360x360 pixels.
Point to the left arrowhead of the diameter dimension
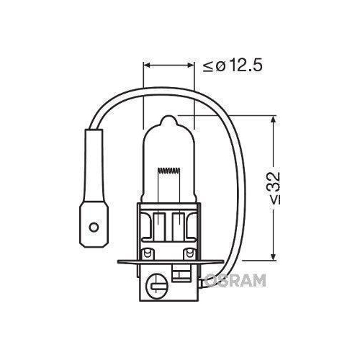pyautogui.click(x=148, y=66)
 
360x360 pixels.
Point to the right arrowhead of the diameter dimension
pyautogui.click(x=193, y=66)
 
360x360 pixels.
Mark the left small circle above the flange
pyautogui.click(x=148, y=253)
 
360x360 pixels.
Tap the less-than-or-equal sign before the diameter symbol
pyautogui.click(x=208, y=66)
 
